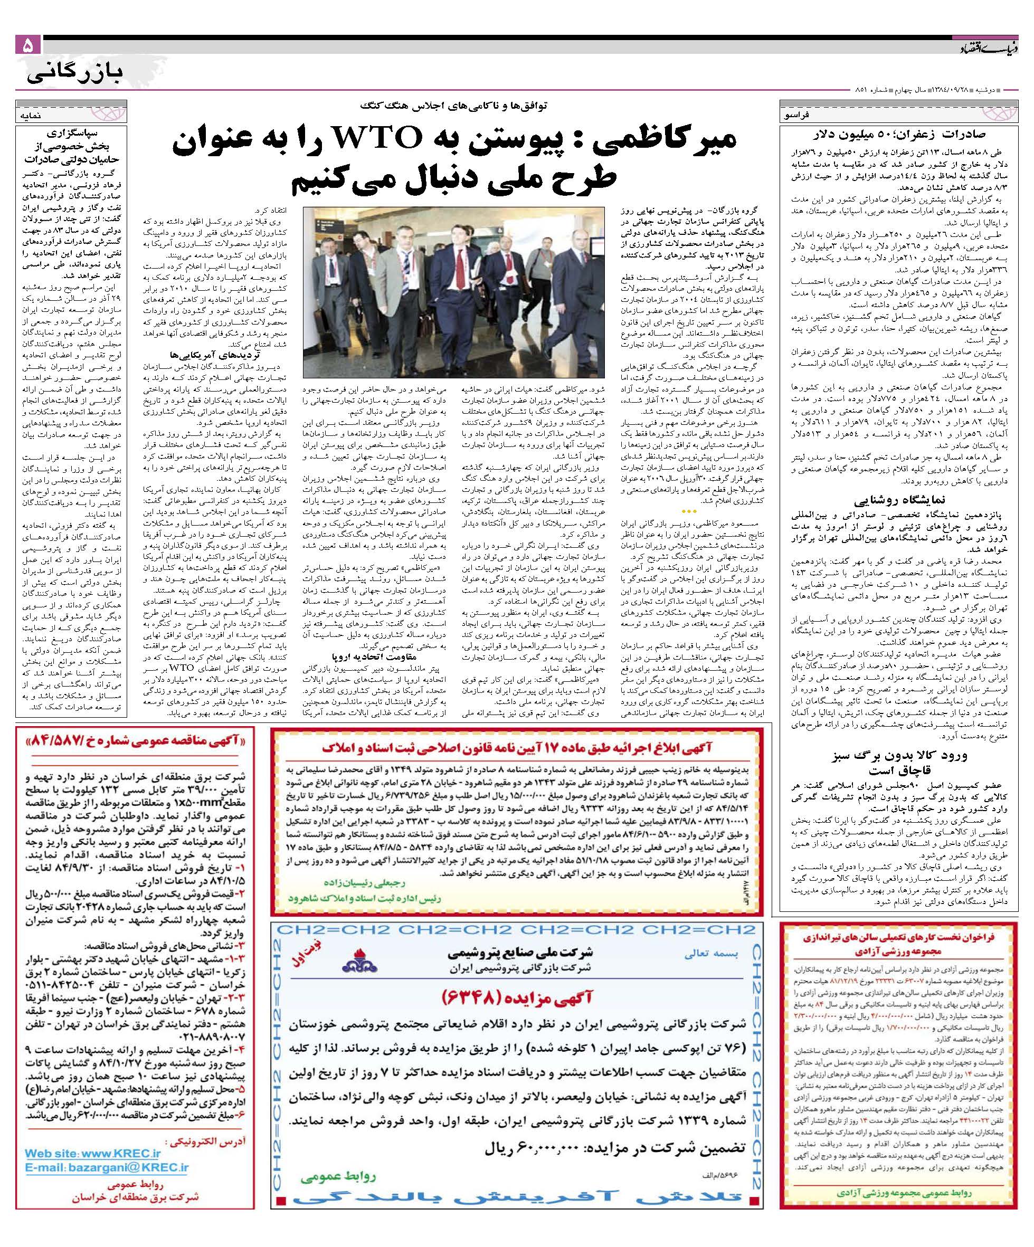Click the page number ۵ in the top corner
tap(29, 46)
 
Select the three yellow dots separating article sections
tap(689, 511)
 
